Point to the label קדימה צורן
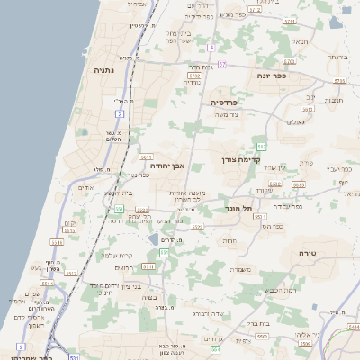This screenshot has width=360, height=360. pos(240,159)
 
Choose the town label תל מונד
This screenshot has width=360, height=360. pos(239,208)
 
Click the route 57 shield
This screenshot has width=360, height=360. pos(221,66)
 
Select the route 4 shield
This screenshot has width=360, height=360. pos(211,47)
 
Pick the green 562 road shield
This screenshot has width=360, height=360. pos(261,145)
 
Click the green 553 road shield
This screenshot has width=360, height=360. pos(118,209)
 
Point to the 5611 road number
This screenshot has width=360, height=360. pos(145,157)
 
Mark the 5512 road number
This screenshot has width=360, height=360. pos(57,242)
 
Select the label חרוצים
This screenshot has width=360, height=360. pos(124,266)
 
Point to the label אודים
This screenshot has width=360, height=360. pos(86,187)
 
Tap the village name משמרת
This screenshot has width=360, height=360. pos(239,269)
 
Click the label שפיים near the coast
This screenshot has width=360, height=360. pos(32,293)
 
